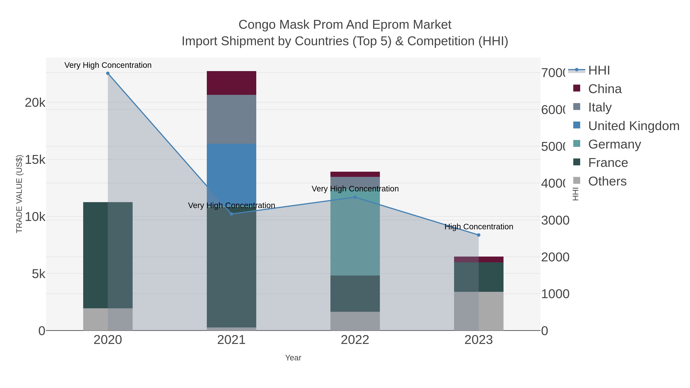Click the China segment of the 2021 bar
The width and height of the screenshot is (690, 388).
tap(231, 83)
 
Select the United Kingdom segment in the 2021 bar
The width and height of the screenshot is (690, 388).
tap(231, 171)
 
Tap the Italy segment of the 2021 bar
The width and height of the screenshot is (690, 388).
tap(231, 119)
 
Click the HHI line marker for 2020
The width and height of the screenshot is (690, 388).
tap(108, 73)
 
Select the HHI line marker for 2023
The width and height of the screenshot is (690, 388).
tap(479, 235)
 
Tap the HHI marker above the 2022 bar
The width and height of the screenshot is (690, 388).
tap(355, 197)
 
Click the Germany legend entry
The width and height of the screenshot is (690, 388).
tap(614, 144)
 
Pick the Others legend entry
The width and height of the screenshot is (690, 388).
tap(607, 181)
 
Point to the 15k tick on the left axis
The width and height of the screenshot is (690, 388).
tap(35, 160)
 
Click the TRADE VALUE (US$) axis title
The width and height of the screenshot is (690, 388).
tap(19, 194)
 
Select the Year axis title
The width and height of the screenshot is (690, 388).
tap(293, 358)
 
